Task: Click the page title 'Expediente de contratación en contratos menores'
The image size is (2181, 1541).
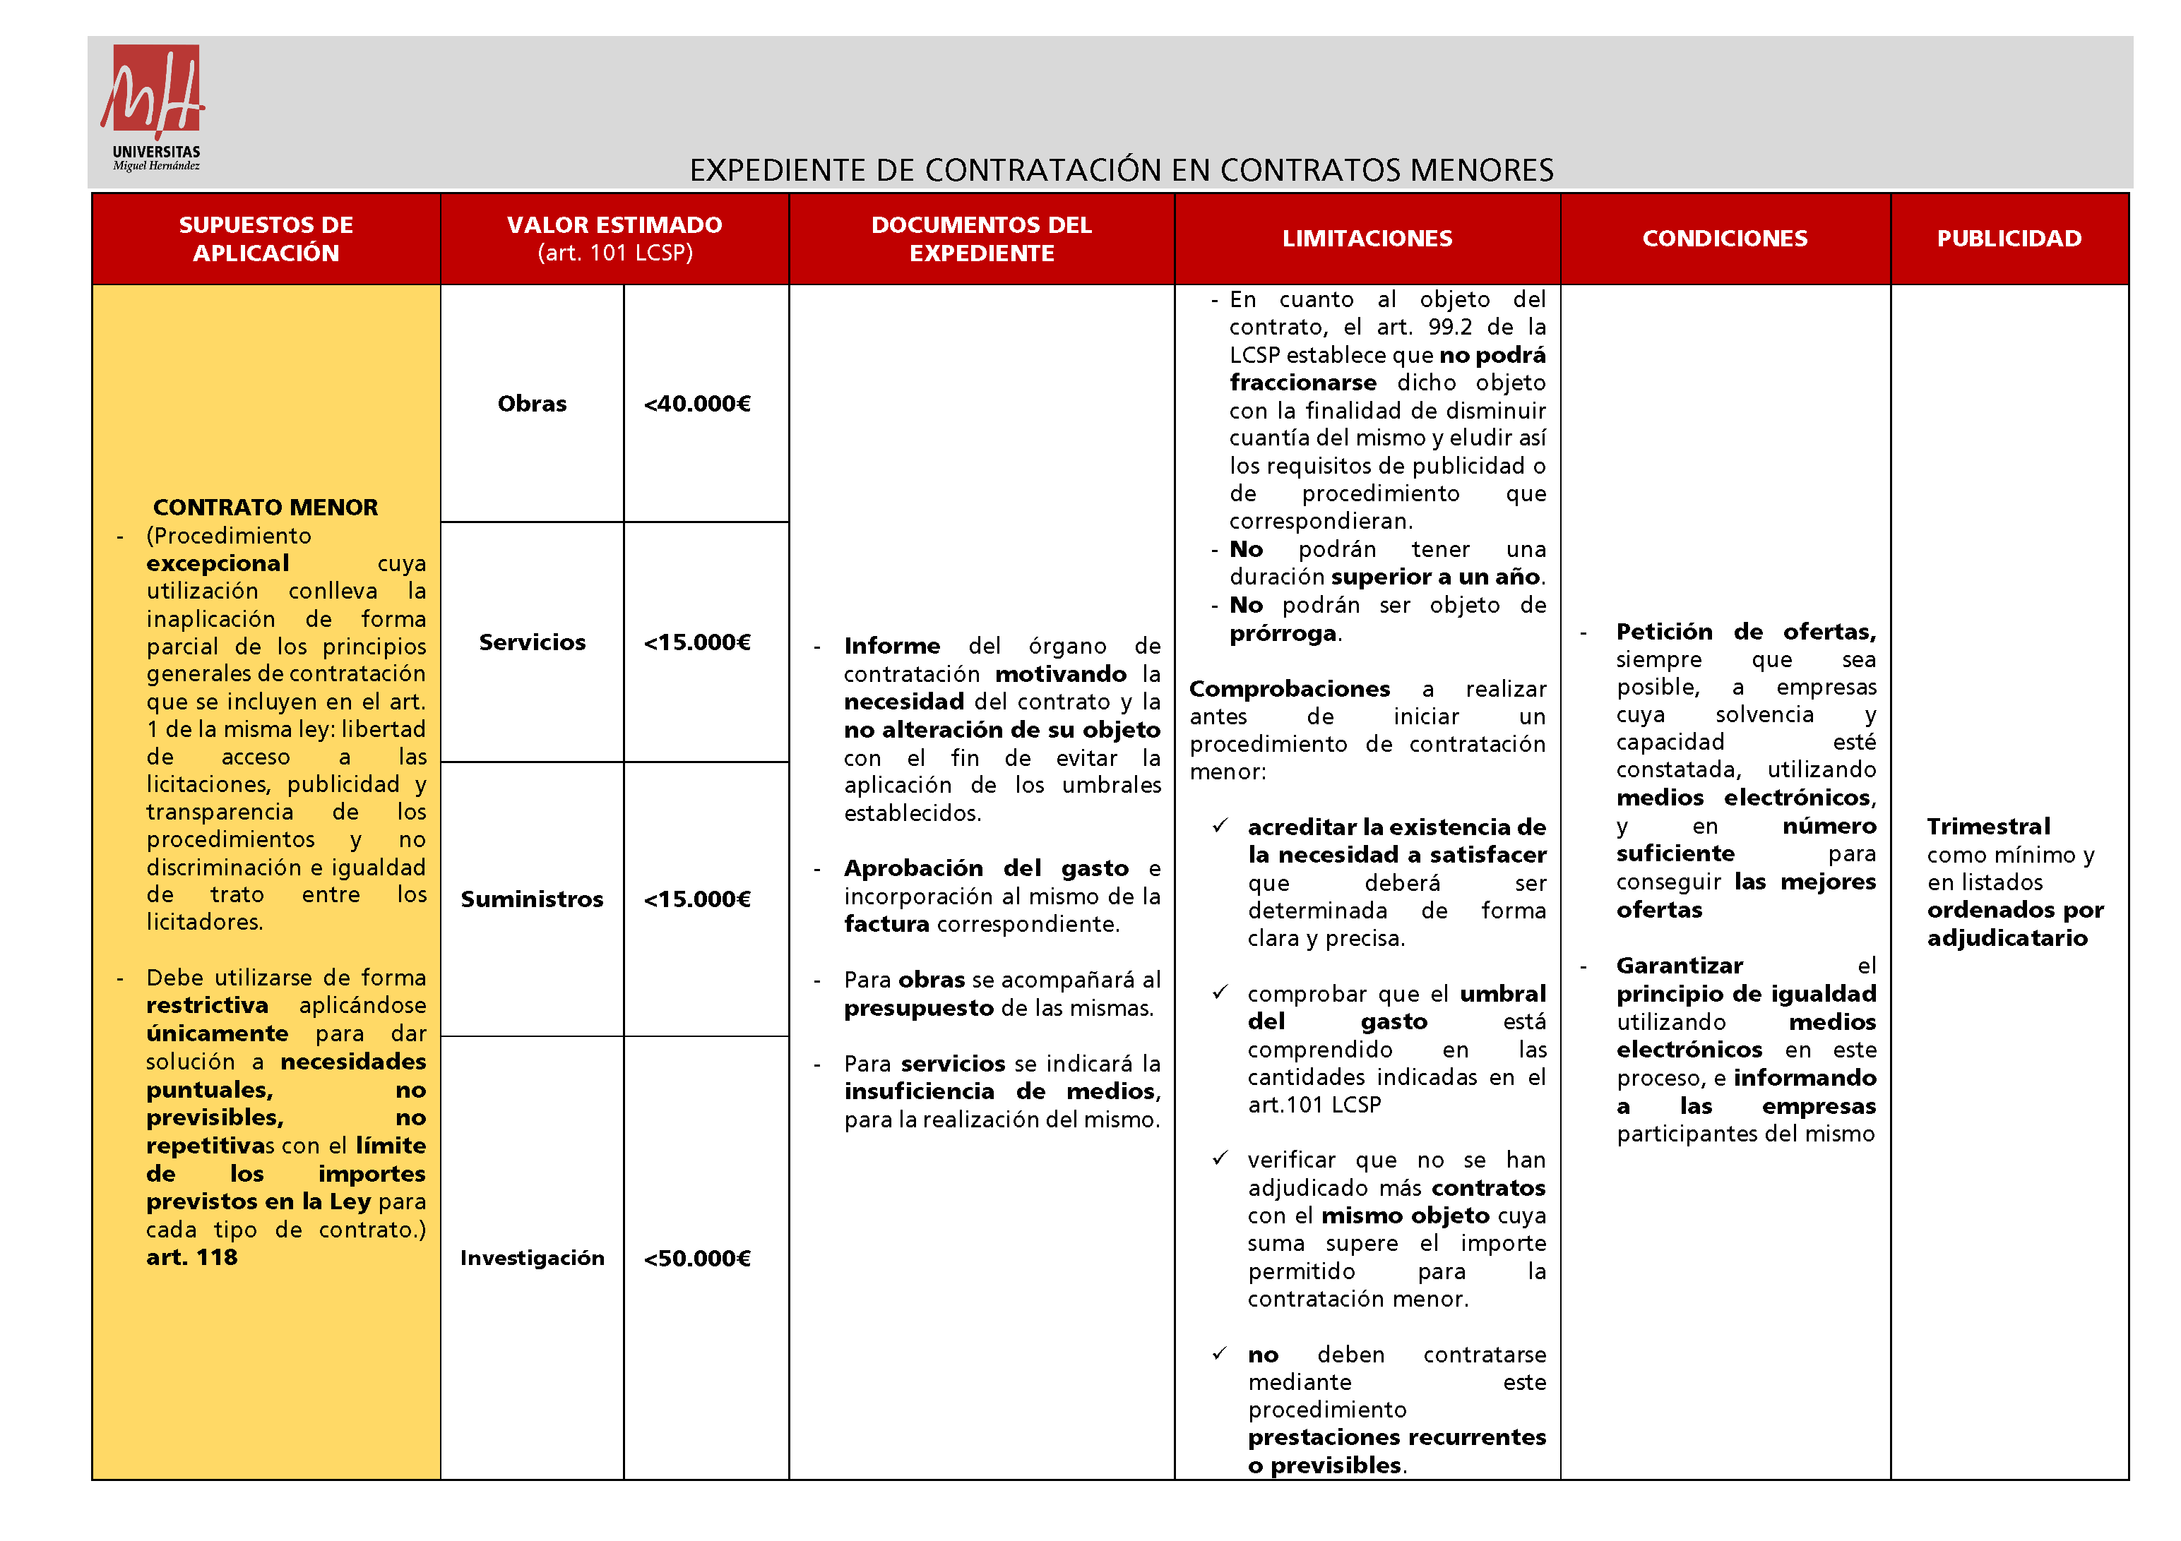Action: point(1121,170)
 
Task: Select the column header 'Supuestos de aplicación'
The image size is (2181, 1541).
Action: point(266,239)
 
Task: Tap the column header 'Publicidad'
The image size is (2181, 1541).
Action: point(2009,239)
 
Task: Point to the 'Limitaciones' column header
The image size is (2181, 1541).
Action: point(1367,239)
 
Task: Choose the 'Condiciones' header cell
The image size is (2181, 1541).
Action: point(1724,239)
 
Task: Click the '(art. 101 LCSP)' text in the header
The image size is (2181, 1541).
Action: point(614,253)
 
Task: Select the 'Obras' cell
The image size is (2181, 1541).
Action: point(532,404)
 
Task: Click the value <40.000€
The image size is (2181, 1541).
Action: point(697,404)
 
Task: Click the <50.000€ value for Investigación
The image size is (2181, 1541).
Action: point(697,1258)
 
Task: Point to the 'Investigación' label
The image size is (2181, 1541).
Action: point(532,1258)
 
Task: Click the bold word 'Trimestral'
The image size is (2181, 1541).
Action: point(1988,826)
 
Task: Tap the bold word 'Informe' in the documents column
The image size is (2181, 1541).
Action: point(891,646)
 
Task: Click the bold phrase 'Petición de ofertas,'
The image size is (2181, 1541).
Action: point(1745,631)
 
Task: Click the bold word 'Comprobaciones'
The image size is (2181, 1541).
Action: point(1289,688)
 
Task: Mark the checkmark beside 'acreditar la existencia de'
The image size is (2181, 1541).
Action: point(1220,826)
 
